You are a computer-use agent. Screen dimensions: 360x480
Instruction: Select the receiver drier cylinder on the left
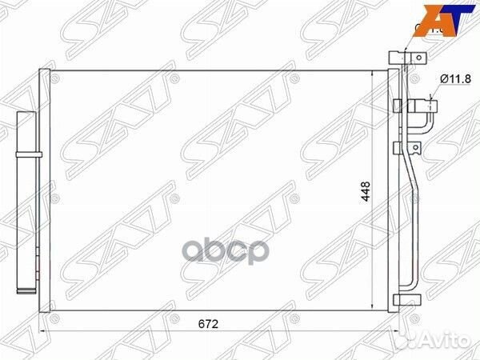(27, 200)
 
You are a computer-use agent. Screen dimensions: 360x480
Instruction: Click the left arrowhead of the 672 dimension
(45, 327)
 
